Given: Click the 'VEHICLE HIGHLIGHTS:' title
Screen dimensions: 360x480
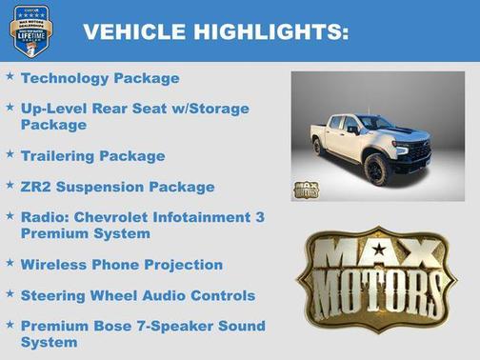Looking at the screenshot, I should (x=215, y=32).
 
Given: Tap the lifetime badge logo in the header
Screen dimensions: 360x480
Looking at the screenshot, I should (x=30, y=31).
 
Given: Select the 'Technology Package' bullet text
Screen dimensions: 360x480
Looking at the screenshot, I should (x=99, y=78).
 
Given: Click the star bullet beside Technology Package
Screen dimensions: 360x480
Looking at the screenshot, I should (x=10, y=76).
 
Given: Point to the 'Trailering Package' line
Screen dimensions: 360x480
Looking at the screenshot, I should (x=92, y=155).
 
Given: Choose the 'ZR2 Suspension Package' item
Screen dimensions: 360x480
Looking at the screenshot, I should (x=117, y=187).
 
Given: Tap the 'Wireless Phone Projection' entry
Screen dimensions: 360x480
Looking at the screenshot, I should (x=121, y=264).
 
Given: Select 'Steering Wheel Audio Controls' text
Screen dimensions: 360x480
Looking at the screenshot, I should (x=137, y=295).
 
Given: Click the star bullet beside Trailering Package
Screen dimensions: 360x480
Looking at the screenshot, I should (x=10, y=153).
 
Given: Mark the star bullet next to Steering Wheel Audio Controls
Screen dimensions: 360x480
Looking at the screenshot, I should (x=10, y=293).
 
